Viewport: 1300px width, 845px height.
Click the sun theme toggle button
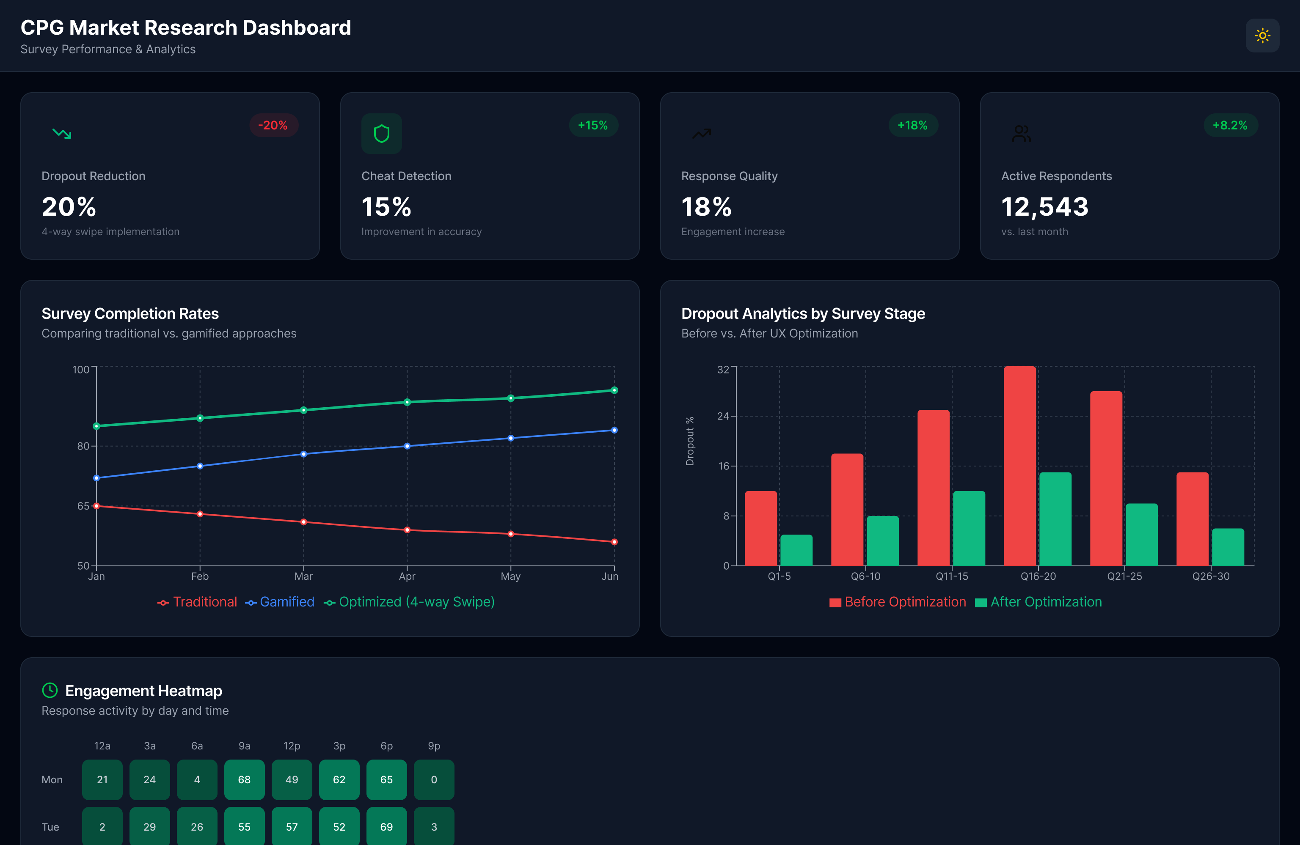[1262, 36]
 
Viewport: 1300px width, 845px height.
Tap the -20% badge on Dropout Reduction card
[273, 126]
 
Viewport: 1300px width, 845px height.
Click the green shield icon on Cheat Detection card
[381, 134]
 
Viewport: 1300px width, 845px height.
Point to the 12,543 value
[1044, 207]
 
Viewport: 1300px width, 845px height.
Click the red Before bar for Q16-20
[1019, 467]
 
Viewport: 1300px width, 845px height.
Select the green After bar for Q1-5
[796, 550]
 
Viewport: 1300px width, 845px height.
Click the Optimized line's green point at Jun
[614, 390]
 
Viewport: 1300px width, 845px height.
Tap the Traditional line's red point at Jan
[96, 506]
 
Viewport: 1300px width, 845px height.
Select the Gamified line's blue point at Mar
[304, 454]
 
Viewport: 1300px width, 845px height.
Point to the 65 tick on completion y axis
[83, 506]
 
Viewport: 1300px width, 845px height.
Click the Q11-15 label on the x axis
[951, 576]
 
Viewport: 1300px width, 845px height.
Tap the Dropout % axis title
[690, 441]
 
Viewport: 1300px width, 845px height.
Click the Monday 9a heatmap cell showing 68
[244, 779]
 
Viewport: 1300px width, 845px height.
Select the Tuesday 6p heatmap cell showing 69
[386, 826]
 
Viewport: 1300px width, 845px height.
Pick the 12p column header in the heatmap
[292, 746]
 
